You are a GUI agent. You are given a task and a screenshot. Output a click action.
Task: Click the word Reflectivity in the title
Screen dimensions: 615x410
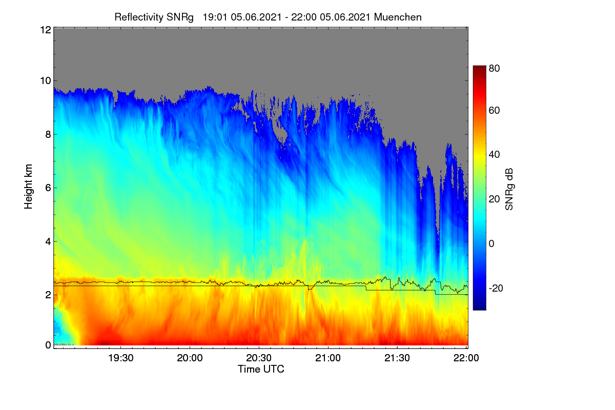pyautogui.click(x=139, y=17)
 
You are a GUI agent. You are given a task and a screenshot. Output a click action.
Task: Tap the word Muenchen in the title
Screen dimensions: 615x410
pyautogui.click(x=398, y=17)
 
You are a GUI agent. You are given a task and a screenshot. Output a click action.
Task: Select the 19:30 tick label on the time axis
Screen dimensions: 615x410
pyautogui.click(x=121, y=358)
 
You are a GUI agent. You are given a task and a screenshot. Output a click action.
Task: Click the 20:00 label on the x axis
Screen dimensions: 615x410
pyautogui.click(x=190, y=358)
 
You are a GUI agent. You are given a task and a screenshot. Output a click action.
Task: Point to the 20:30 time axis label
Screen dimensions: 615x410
pyautogui.click(x=259, y=358)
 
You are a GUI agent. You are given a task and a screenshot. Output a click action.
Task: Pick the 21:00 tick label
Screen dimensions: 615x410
pyautogui.click(x=328, y=358)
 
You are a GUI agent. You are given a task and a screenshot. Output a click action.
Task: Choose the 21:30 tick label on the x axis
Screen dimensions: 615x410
pyautogui.click(x=397, y=358)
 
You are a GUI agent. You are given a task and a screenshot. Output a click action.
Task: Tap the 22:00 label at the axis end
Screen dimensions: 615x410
pyautogui.click(x=466, y=358)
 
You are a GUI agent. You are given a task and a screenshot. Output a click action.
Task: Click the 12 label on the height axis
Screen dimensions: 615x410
pyautogui.click(x=46, y=30)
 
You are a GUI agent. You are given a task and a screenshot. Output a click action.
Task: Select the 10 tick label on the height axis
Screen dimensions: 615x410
pyautogui.click(x=46, y=81)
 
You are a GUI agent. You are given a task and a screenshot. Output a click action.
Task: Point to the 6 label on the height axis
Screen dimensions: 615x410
pyautogui.click(x=48, y=188)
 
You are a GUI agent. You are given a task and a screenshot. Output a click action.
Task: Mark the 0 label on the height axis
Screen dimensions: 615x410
pyautogui.click(x=48, y=345)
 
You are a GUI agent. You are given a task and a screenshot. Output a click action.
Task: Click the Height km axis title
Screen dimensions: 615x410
pyautogui.click(x=28, y=187)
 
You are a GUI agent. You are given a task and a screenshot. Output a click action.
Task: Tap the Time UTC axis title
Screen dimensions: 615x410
pyautogui.click(x=261, y=369)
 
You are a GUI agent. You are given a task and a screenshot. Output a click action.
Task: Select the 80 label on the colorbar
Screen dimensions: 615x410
pyautogui.click(x=494, y=68)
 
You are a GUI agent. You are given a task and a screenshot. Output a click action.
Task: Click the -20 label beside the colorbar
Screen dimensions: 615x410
pyautogui.click(x=496, y=288)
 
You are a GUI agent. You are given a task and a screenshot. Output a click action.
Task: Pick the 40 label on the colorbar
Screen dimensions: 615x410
pyautogui.click(x=494, y=155)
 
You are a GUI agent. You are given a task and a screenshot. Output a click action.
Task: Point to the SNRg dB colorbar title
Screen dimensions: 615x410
pyautogui.click(x=509, y=189)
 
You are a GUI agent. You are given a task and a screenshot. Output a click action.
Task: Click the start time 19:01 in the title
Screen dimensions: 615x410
pyautogui.click(x=215, y=17)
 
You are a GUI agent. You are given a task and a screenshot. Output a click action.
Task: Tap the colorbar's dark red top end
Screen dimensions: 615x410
pyautogui.click(x=479, y=67)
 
